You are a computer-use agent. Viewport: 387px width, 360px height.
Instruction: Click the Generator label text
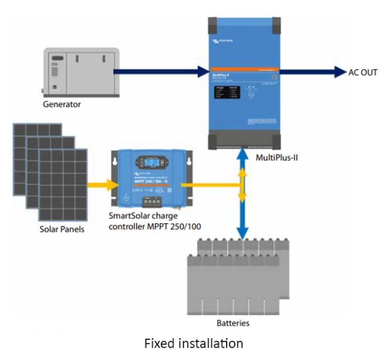pyautogui.click(x=62, y=104)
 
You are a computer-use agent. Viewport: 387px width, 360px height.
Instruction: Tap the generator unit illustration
pyautogui.click(x=82, y=73)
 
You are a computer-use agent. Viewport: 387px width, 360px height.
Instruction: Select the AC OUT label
pyautogui.click(x=362, y=72)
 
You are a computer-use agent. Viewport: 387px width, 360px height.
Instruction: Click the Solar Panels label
pyautogui.click(x=62, y=229)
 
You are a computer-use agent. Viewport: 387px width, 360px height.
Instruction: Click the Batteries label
pyautogui.click(x=233, y=323)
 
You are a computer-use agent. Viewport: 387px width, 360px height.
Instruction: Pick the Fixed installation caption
pyautogui.click(x=193, y=343)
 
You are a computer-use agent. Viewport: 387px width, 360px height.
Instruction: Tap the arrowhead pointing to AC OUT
pyautogui.click(x=339, y=72)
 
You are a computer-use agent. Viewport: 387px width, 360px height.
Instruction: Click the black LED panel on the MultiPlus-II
pyautogui.click(x=233, y=95)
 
